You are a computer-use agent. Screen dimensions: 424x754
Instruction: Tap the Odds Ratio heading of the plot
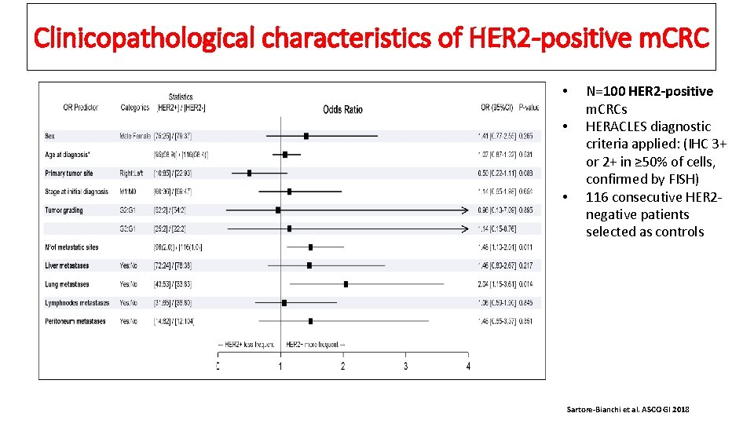coord(342,109)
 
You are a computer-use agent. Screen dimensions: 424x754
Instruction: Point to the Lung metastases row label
coord(67,284)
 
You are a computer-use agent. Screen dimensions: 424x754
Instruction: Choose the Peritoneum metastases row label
coord(75,321)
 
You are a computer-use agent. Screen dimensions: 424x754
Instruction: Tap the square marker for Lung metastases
coord(346,284)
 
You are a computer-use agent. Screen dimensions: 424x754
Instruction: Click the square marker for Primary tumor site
coord(250,173)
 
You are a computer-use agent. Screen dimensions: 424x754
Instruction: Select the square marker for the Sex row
coord(306,136)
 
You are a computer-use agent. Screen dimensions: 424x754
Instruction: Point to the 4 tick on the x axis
coord(468,366)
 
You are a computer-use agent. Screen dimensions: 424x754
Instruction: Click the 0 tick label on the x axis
coord(218,367)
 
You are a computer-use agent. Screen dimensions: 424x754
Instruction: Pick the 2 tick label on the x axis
coord(343,367)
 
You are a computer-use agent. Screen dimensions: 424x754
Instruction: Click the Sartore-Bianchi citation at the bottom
coord(627,410)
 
